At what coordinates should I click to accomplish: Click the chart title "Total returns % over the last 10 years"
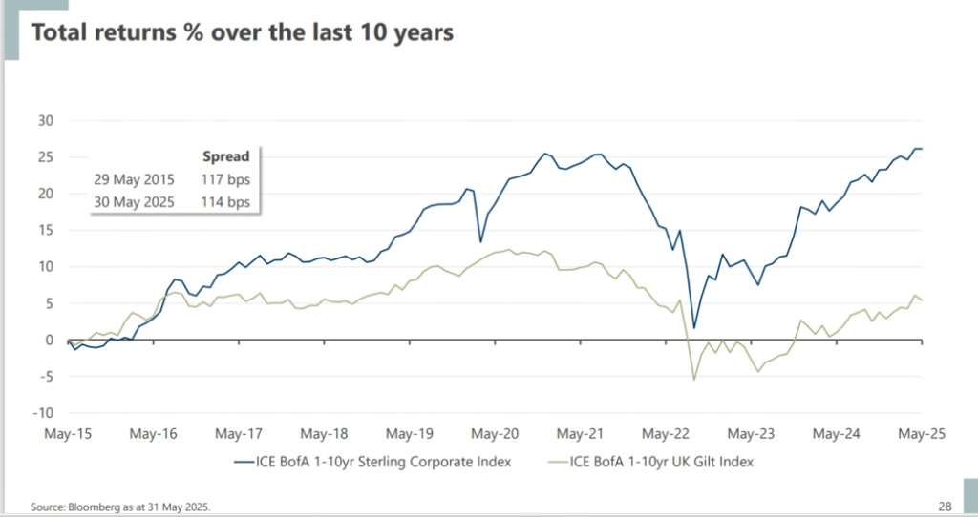coord(243,31)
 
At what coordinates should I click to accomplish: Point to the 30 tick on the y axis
coord(45,120)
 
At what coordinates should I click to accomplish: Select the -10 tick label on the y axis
coord(43,413)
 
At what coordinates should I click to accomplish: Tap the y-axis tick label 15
coord(45,230)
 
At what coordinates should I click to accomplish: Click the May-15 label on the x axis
coord(68,434)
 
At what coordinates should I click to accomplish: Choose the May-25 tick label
coord(921,434)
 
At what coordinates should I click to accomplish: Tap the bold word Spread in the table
coord(225,155)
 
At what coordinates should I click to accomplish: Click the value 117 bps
coord(225,178)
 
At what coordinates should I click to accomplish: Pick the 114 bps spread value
coord(225,201)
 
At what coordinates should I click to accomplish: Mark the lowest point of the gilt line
coord(693,380)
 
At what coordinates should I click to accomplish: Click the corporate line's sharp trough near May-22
coord(694,328)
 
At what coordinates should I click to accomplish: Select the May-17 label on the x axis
coord(239,434)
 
